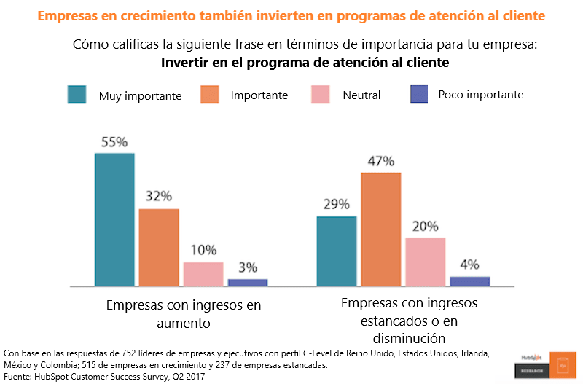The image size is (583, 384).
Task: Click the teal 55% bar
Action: pyautogui.click(x=114, y=219)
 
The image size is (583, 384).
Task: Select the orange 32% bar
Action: pyautogui.click(x=159, y=247)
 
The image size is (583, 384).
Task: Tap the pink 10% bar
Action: pyautogui.click(x=203, y=273)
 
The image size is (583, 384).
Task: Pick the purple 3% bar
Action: pyautogui.click(x=248, y=282)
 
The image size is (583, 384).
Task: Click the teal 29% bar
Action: pyautogui.click(x=337, y=251)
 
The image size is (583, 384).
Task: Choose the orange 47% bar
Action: pyautogui.click(x=381, y=229)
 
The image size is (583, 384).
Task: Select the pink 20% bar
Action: pyautogui.click(x=426, y=262)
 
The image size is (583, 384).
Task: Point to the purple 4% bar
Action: pyautogui.click(x=470, y=281)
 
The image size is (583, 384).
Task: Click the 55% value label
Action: pyautogui.click(x=114, y=142)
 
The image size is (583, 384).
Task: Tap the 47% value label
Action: pyautogui.click(x=380, y=161)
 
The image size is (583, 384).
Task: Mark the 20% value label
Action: pyautogui.click(x=426, y=226)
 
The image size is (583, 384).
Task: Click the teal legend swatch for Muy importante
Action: pyautogui.click(x=77, y=95)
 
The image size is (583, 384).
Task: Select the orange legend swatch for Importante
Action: pyautogui.click(x=210, y=95)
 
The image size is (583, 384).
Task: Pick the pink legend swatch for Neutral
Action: pyautogui.click(x=321, y=95)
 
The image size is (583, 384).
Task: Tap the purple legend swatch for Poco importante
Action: pyautogui.click(x=418, y=95)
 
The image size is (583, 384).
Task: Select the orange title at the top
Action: pyautogui.click(x=291, y=15)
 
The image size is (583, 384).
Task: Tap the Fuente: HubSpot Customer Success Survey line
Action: pyautogui.click(x=104, y=376)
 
